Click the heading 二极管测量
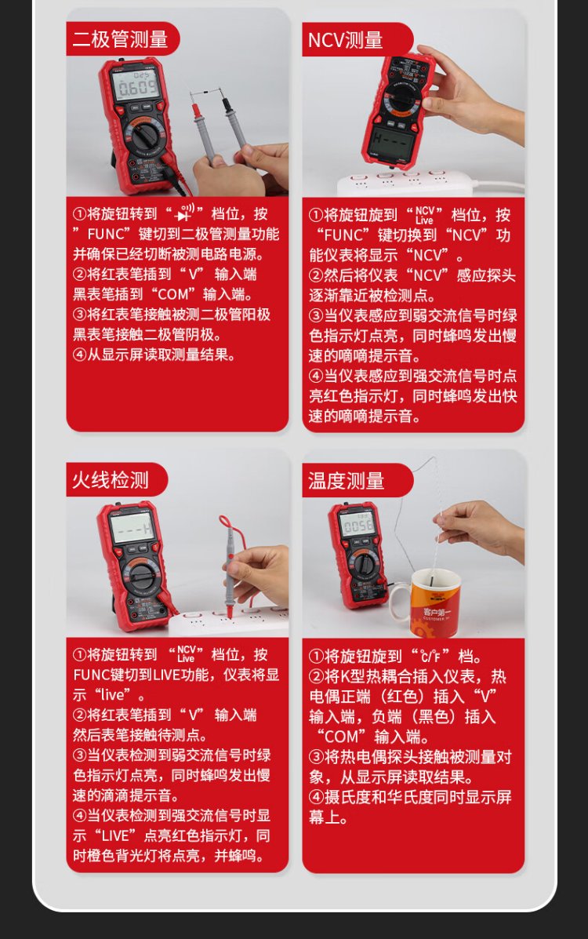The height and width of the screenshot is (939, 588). point(120,39)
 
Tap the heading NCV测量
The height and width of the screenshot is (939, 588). point(346,40)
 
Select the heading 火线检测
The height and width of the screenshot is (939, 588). point(111,480)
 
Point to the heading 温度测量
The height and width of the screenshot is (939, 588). point(346,481)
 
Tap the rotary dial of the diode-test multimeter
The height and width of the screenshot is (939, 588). point(146,138)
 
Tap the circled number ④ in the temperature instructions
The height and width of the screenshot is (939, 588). point(316,797)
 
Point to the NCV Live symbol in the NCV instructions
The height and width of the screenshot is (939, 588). point(424,215)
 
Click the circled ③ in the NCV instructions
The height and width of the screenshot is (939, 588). point(316,315)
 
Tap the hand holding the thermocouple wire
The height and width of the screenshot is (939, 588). point(482,527)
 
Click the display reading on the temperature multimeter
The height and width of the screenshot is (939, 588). point(358,526)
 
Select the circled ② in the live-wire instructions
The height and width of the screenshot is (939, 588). point(80,715)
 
